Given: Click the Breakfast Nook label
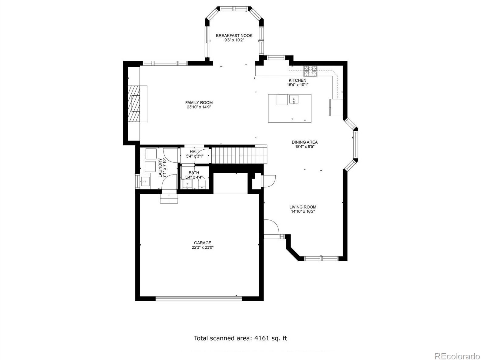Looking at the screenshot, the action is click(x=234, y=36).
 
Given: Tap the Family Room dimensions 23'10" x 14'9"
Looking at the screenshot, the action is click(x=199, y=107).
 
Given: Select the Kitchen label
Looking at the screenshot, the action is click(x=298, y=80).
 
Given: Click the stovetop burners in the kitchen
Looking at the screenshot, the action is click(x=310, y=71).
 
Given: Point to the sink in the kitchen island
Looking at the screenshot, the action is click(x=293, y=99).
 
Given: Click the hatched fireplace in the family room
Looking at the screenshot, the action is click(x=134, y=104).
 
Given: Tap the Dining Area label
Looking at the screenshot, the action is click(x=304, y=142).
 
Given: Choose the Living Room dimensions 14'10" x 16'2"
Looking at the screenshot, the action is click(x=303, y=212).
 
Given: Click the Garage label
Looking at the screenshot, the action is click(x=203, y=243).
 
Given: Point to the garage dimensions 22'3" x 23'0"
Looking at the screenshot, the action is click(x=203, y=247).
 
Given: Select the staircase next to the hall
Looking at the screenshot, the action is click(x=239, y=155).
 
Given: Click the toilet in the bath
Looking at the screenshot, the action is click(x=202, y=183).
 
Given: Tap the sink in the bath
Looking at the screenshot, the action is click(x=187, y=184).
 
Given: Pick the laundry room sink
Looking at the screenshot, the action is click(x=145, y=181).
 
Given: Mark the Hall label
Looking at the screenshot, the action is click(x=195, y=152).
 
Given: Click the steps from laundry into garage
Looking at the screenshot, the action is click(x=169, y=199).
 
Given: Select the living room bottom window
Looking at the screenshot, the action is click(x=321, y=259).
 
